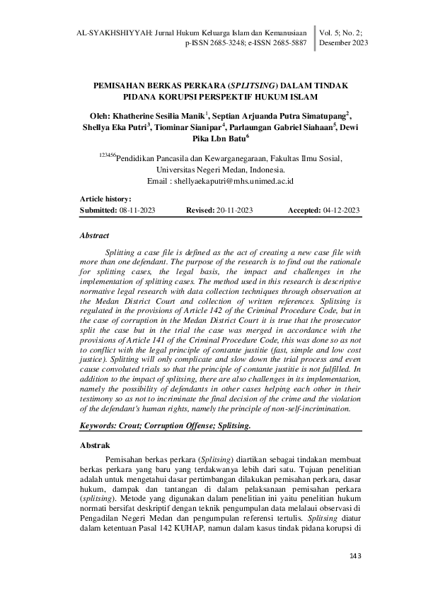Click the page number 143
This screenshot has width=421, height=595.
point(354,557)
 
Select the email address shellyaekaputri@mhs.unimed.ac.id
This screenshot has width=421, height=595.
point(233,182)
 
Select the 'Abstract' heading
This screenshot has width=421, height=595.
point(95,235)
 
